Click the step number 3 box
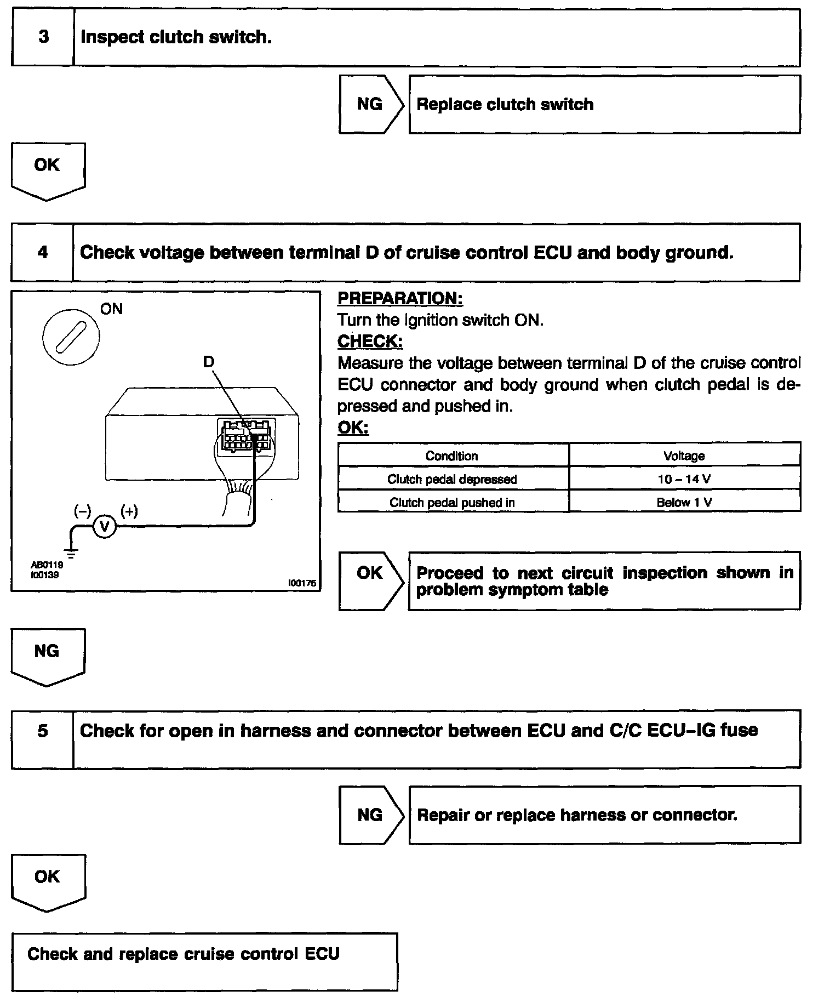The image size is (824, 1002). pyautogui.click(x=43, y=37)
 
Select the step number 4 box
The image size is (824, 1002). pyautogui.click(x=42, y=252)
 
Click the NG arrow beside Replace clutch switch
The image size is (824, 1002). pyautogui.click(x=370, y=104)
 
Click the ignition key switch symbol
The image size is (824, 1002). pyautogui.click(x=71, y=337)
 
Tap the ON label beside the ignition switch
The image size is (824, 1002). pyautogui.click(x=111, y=309)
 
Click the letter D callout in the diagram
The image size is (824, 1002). pyautogui.click(x=209, y=362)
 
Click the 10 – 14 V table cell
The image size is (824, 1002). pyautogui.click(x=684, y=479)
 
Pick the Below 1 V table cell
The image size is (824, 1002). pyautogui.click(x=684, y=503)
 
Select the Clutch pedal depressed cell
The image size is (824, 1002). pyautogui.click(x=453, y=479)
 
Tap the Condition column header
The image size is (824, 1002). pyautogui.click(x=452, y=456)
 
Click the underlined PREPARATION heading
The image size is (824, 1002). pyautogui.click(x=400, y=299)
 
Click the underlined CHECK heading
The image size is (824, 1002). pyautogui.click(x=370, y=341)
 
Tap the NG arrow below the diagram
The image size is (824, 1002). pyautogui.click(x=48, y=656)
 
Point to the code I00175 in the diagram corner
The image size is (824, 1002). pyautogui.click(x=302, y=584)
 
